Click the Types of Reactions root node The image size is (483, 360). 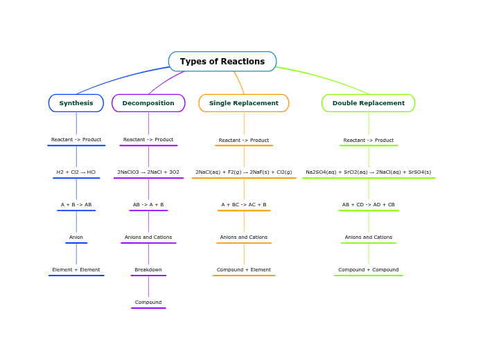(222, 62)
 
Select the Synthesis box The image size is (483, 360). (76, 103)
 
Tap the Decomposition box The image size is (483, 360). (148, 103)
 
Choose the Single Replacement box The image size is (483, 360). (244, 103)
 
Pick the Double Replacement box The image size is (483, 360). (369, 103)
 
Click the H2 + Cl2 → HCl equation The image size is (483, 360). (76, 172)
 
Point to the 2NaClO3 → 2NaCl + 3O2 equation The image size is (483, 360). (148, 172)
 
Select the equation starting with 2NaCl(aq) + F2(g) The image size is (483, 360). (244, 172)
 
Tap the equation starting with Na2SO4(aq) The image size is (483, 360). (369, 172)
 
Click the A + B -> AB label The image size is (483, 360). (76, 205)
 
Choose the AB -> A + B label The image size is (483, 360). (148, 205)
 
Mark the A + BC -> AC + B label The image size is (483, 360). (244, 205)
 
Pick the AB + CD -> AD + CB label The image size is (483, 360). (369, 205)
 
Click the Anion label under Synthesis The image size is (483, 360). (76, 237)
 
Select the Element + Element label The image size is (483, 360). (76, 270)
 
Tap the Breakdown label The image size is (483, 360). (148, 270)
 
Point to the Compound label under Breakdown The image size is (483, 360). (148, 303)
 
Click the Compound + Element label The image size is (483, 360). (244, 270)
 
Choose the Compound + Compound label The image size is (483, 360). (369, 270)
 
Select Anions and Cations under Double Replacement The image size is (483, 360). (369, 237)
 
